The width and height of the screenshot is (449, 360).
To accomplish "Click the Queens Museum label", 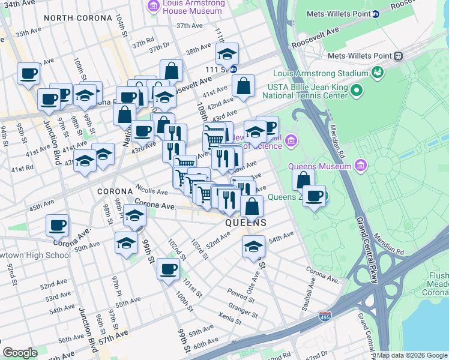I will point(319,166).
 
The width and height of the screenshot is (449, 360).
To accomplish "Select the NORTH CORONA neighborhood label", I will point(77,18).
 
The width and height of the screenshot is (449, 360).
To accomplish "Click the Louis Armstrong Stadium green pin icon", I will point(378,73).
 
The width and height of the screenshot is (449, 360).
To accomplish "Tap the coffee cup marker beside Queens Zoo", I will point(315,196).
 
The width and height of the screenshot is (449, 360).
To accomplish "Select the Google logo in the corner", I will point(20,352).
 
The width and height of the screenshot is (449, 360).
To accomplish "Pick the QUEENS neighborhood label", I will point(246,223).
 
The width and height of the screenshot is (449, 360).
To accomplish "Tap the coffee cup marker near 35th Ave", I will point(28,74).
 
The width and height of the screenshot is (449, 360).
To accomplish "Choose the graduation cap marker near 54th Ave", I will point(253,247).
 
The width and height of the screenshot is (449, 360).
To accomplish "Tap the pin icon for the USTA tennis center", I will point(357,91).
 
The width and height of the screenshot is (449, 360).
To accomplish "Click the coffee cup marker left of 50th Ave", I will point(58,226).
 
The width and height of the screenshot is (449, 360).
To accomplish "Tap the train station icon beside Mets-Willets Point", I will point(399,56).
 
